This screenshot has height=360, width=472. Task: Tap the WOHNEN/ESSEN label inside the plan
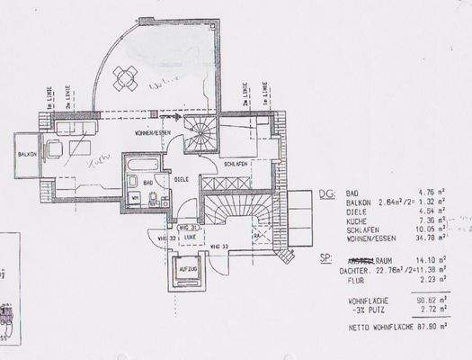click(x=156, y=134)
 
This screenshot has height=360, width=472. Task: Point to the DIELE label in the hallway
click(x=180, y=177)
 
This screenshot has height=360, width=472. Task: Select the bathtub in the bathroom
click(x=145, y=167)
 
